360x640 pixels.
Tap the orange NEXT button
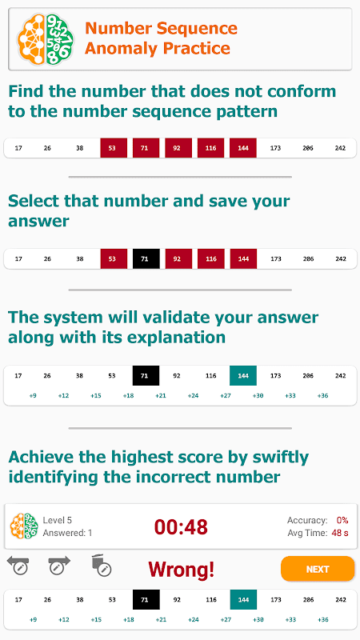[317, 569]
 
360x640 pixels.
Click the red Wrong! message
[181, 569]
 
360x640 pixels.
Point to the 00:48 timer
[181, 527]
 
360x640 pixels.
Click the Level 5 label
[57, 521]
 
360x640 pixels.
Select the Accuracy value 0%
[342, 521]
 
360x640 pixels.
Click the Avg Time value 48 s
[340, 533]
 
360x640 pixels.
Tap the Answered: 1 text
[67, 533]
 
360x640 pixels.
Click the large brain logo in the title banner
[46, 39]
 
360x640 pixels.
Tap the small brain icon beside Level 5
[24, 526]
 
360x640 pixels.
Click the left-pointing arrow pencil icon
[18, 566]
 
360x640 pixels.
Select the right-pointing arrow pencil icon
[59, 566]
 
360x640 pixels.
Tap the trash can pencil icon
[102, 566]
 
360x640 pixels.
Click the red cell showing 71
[146, 148]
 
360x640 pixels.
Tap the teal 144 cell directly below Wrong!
[243, 599]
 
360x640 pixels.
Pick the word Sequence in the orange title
[197, 30]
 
